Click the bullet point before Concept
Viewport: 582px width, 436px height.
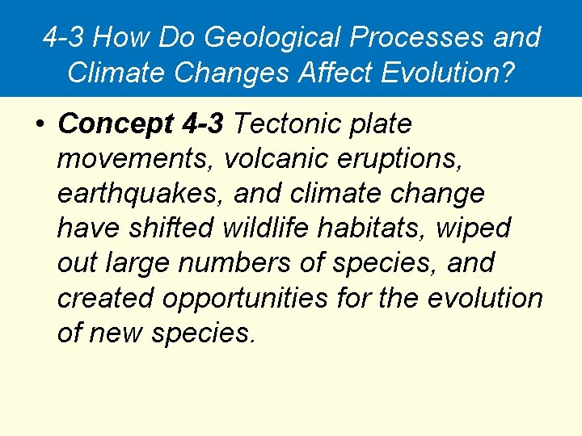39,125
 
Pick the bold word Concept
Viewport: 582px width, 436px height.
116,124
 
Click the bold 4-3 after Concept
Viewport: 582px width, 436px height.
205,124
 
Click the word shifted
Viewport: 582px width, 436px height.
159,228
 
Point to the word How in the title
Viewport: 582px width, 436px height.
129,37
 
